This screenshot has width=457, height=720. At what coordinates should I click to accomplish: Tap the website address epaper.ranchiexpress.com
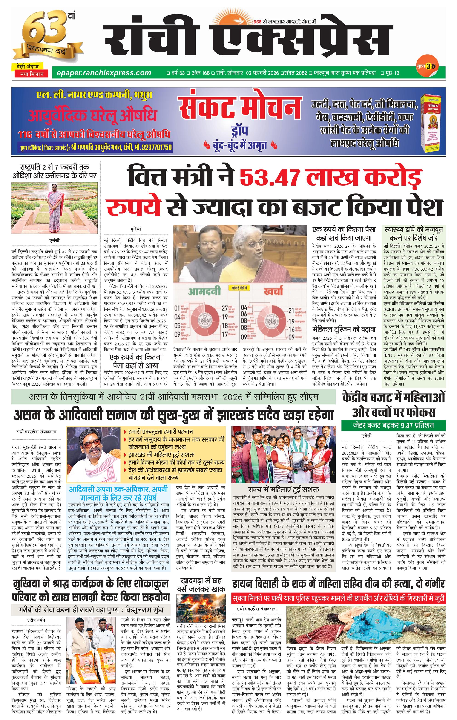[101, 73]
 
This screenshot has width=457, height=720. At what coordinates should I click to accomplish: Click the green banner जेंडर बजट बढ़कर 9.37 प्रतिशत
[393, 425]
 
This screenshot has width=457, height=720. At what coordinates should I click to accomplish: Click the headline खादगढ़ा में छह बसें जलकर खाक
[201, 585]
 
